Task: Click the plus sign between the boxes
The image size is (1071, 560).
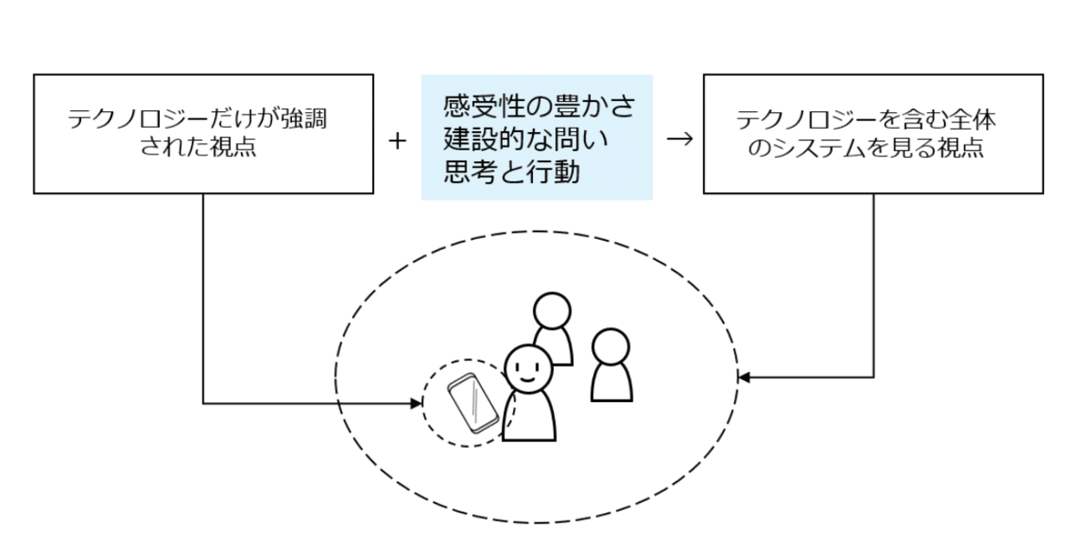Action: pos(397,141)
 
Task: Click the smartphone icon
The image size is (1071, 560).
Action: pos(472,404)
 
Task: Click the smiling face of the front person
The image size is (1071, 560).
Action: pos(529,368)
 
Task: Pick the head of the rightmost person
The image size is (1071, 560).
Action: pos(611,346)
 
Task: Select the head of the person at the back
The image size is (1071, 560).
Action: pos(552,311)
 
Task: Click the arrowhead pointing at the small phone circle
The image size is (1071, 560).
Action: pos(418,404)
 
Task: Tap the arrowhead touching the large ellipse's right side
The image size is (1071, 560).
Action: pos(743,378)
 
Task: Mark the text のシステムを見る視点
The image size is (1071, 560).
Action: pos(873,149)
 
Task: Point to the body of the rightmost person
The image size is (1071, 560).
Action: pos(612,383)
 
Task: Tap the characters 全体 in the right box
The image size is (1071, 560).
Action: pos(974,119)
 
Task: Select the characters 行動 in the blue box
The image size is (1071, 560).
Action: pos(556,172)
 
